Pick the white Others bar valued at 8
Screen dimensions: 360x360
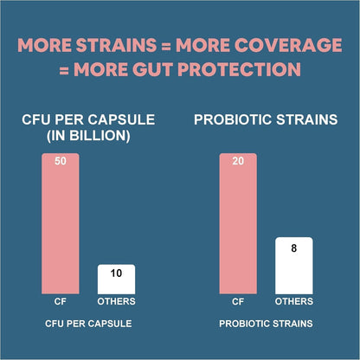293,265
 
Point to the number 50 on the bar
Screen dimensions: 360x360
61,162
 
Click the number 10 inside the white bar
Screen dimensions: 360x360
115,273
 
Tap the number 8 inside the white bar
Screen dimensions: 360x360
293,247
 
